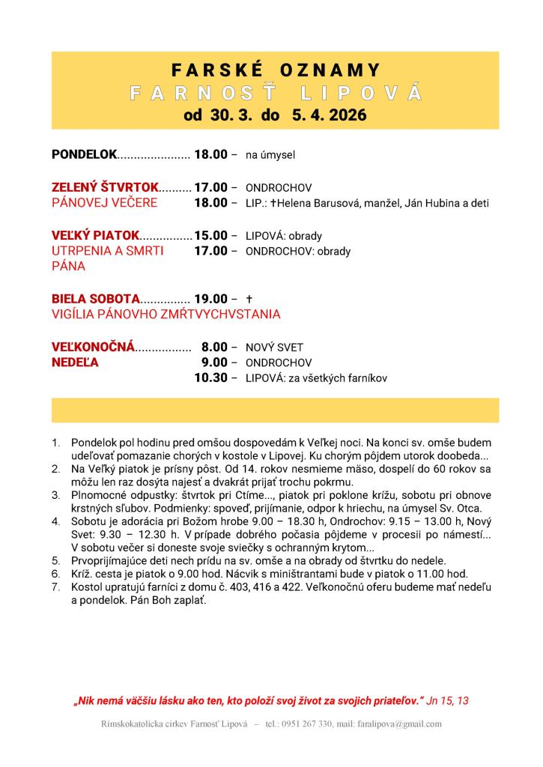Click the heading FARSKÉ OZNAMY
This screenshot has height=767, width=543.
click(276, 70)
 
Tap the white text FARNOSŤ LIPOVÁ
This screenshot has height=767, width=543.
click(276, 94)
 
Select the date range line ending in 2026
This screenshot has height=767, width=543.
click(276, 117)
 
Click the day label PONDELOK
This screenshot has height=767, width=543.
click(85, 155)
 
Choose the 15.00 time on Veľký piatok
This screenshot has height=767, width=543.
click(210, 235)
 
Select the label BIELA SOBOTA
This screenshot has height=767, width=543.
click(96, 299)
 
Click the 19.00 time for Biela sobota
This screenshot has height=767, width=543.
click(210, 299)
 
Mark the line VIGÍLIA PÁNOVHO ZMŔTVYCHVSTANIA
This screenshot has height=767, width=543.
click(166, 315)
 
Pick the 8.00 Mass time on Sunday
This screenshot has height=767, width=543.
click(214, 347)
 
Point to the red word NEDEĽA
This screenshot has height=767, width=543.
click(76, 363)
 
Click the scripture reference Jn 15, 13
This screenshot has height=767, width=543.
click(448, 700)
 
